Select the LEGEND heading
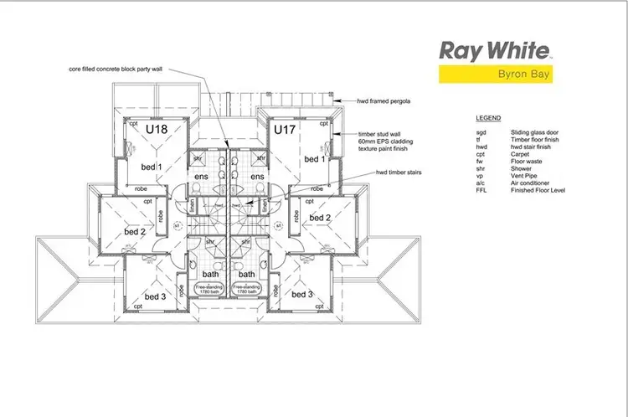[x=487, y=119]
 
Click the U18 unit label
[x=157, y=130]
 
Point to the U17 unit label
[x=285, y=130]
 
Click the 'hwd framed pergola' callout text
[x=382, y=100]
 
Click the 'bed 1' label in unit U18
[x=151, y=167]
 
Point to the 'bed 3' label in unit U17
[x=303, y=295]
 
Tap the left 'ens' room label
[x=201, y=178]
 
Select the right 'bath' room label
[x=246, y=274]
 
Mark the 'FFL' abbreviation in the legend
[x=480, y=191]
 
